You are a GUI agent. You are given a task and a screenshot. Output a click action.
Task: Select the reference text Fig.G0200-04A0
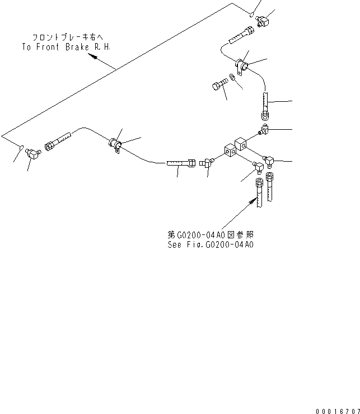coord(219,244)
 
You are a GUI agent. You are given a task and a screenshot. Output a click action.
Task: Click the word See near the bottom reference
coord(175,244)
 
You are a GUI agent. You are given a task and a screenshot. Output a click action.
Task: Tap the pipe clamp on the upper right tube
coord(242,66)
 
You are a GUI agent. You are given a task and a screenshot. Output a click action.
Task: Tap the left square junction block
coord(230,149)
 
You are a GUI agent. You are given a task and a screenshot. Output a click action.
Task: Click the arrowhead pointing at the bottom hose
coord(250,204)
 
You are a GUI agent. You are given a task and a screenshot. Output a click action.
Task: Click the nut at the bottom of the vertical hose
coord(265,116)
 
